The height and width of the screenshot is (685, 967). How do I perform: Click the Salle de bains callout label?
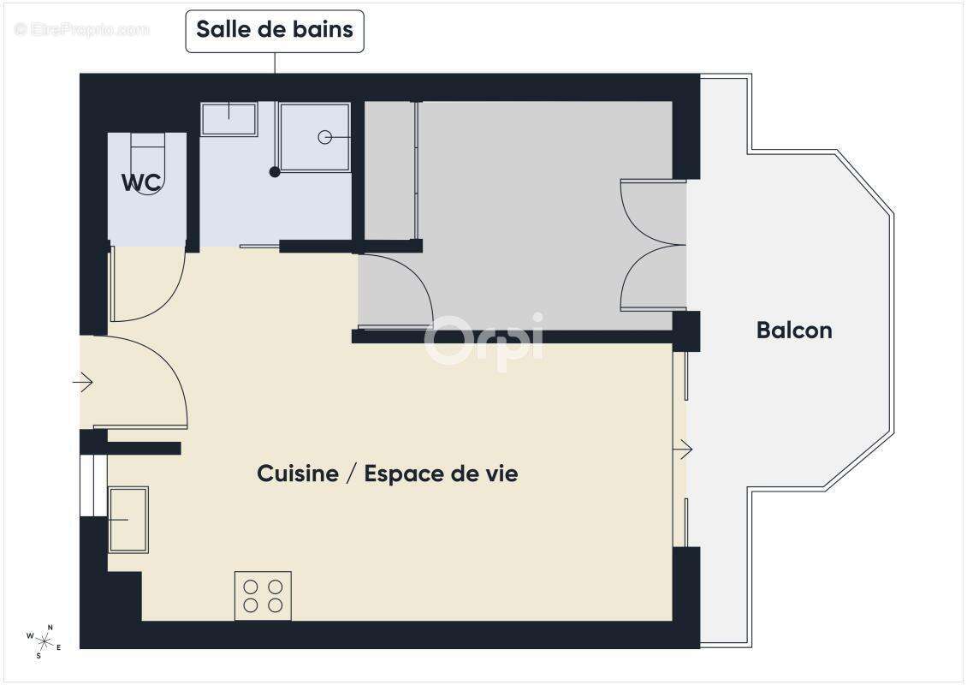pos(275,30)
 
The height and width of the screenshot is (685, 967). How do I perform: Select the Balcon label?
pos(794,331)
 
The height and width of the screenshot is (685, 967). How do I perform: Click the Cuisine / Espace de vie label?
pos(387,474)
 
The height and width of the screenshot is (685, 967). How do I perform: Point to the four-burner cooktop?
pos(263,596)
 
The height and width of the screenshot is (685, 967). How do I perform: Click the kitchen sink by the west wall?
pos(128,519)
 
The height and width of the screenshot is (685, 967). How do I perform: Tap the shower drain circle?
pos(325,137)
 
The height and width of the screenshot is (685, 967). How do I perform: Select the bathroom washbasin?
pos(229,119)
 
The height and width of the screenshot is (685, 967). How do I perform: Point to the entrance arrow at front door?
pos(83,382)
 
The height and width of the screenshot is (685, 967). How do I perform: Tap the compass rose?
pos(43,640)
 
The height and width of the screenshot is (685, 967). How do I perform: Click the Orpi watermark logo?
pos(483,341)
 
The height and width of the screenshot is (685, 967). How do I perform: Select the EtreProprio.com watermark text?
pos(82,30)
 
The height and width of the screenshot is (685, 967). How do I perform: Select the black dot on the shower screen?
pos(275,172)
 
